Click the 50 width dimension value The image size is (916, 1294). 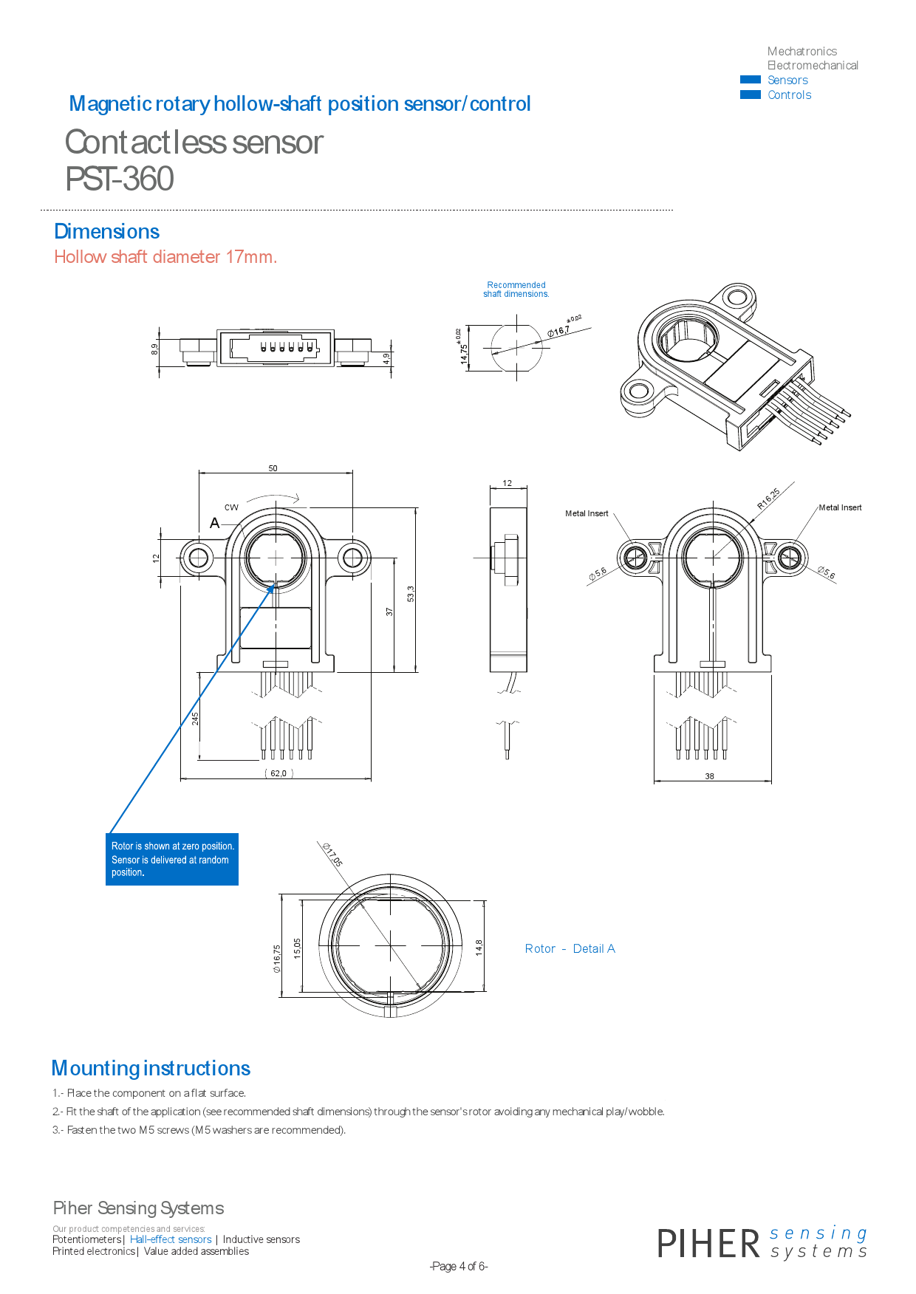(x=273, y=468)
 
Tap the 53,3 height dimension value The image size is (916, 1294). (x=411, y=593)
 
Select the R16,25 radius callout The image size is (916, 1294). (x=768, y=499)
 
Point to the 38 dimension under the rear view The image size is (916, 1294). (x=709, y=776)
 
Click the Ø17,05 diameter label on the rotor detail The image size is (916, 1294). (x=332, y=855)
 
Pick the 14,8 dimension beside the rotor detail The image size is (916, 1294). (x=479, y=948)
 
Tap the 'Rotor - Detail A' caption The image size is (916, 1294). (x=570, y=949)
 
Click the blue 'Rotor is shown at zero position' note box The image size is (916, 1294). (x=172, y=859)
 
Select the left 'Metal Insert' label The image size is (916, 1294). (x=587, y=513)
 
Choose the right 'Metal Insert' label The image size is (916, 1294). (x=840, y=507)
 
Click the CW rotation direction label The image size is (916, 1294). (x=231, y=507)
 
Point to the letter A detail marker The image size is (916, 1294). (x=214, y=523)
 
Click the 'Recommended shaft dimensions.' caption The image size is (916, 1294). (x=516, y=290)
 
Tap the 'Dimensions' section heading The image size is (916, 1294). (x=107, y=232)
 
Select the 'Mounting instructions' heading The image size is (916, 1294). (x=151, y=1069)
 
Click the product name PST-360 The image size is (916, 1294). (x=120, y=179)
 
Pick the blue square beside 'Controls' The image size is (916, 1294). (x=750, y=95)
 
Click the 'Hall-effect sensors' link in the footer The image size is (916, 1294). (x=171, y=1239)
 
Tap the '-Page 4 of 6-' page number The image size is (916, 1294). (x=459, y=1266)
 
